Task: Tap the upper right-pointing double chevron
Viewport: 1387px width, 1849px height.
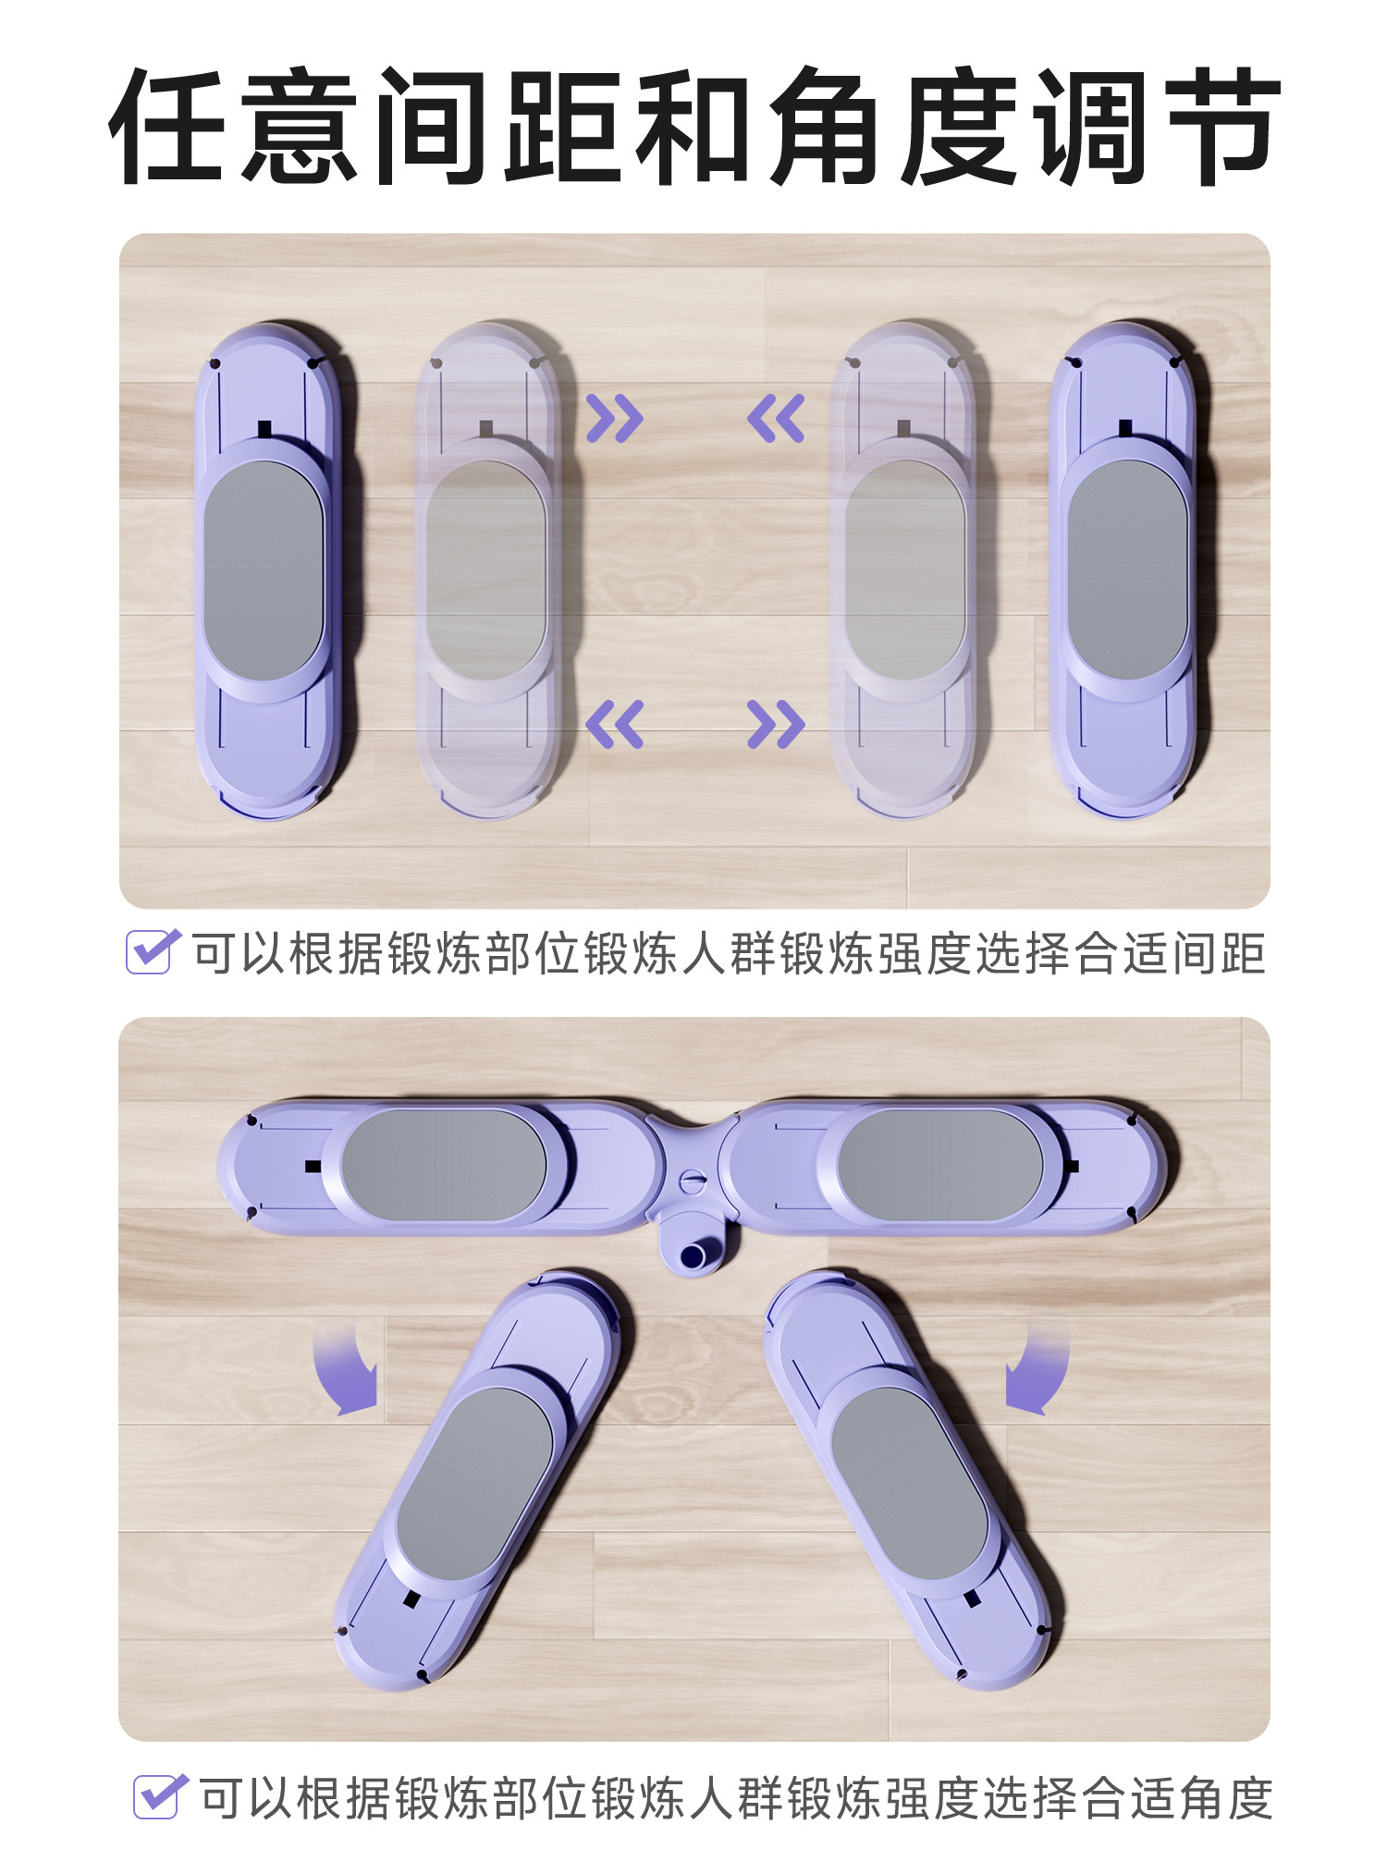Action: click(x=615, y=418)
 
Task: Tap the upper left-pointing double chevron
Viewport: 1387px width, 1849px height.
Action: click(x=776, y=418)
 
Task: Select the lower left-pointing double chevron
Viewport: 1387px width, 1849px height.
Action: click(x=615, y=723)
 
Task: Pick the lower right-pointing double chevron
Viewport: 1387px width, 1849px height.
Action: click(x=776, y=723)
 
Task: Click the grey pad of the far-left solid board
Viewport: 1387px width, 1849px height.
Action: click(x=264, y=571)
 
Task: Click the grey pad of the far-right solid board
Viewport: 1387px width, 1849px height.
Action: click(x=1127, y=571)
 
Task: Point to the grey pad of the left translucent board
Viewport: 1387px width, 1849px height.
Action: click(x=485, y=571)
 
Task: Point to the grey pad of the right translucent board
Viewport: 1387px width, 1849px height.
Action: click(x=904, y=571)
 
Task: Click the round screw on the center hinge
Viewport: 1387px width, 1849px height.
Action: click(x=692, y=1182)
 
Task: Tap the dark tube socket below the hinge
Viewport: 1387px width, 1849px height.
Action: click(x=693, y=1255)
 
